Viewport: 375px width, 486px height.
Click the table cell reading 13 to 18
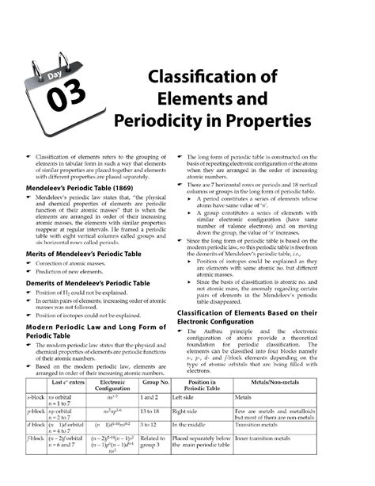pos(150,412)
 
